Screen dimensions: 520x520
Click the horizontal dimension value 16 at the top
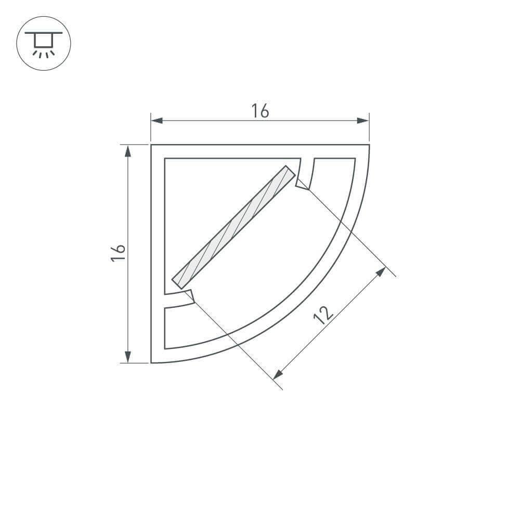260,111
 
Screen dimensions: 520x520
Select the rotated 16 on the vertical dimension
119,253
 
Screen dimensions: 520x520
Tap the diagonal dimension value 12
323,315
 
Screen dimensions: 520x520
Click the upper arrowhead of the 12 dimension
381,271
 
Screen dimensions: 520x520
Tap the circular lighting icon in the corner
44,43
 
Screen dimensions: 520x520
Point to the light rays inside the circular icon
44,53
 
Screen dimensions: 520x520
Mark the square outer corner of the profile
152,146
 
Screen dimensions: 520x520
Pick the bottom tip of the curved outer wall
152,361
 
